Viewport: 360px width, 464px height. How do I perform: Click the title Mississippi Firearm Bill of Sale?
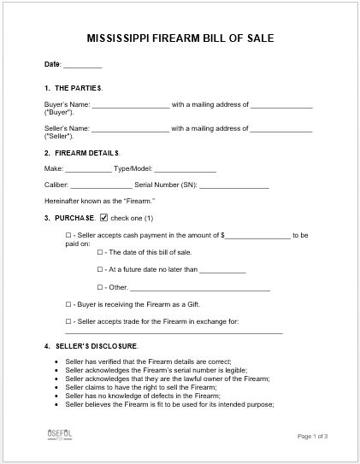(180, 38)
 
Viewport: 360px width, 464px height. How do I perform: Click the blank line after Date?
(83, 66)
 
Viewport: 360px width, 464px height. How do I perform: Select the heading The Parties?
(78, 88)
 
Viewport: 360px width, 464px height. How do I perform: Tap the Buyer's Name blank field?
(130, 106)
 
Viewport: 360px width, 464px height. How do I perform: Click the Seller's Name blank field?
(130, 129)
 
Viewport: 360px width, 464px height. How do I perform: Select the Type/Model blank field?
(185, 170)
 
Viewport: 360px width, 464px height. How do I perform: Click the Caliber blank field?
(101, 185)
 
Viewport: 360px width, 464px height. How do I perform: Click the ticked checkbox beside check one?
(104, 217)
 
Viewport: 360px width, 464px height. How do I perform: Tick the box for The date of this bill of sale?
(100, 253)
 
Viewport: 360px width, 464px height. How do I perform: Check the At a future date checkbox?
(100, 269)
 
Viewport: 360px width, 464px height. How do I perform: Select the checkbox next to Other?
(100, 288)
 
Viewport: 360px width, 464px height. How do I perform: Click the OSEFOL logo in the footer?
(59, 435)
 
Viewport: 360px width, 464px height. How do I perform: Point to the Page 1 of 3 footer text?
(312, 437)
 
